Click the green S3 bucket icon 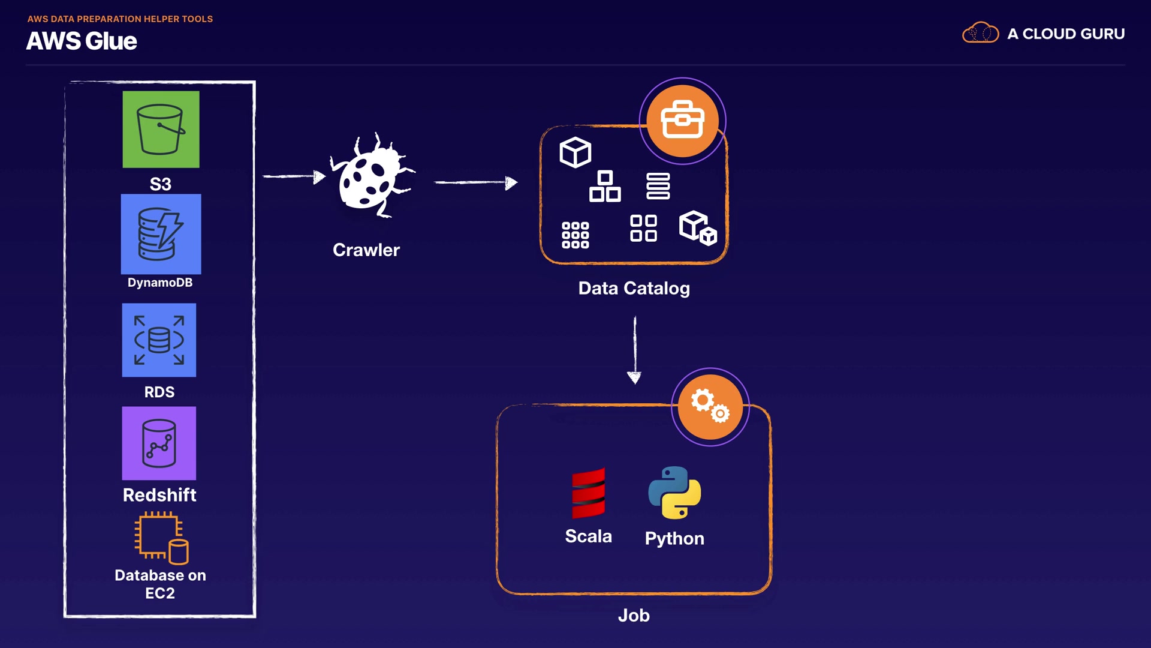pos(161,129)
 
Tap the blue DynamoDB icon pos(161,234)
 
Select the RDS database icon pos(159,340)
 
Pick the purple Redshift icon pos(159,443)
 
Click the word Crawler pos(366,250)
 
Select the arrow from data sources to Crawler pos(294,176)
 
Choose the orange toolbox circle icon pos(682,121)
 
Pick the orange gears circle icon pos(710,407)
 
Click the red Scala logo pos(588,493)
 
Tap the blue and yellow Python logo pos(674,493)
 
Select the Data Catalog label pos(634,289)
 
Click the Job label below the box pos(634,616)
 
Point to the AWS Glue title pos(82,41)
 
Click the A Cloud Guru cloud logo pos(980,33)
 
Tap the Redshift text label pos(159,495)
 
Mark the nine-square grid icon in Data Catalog pos(575,235)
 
